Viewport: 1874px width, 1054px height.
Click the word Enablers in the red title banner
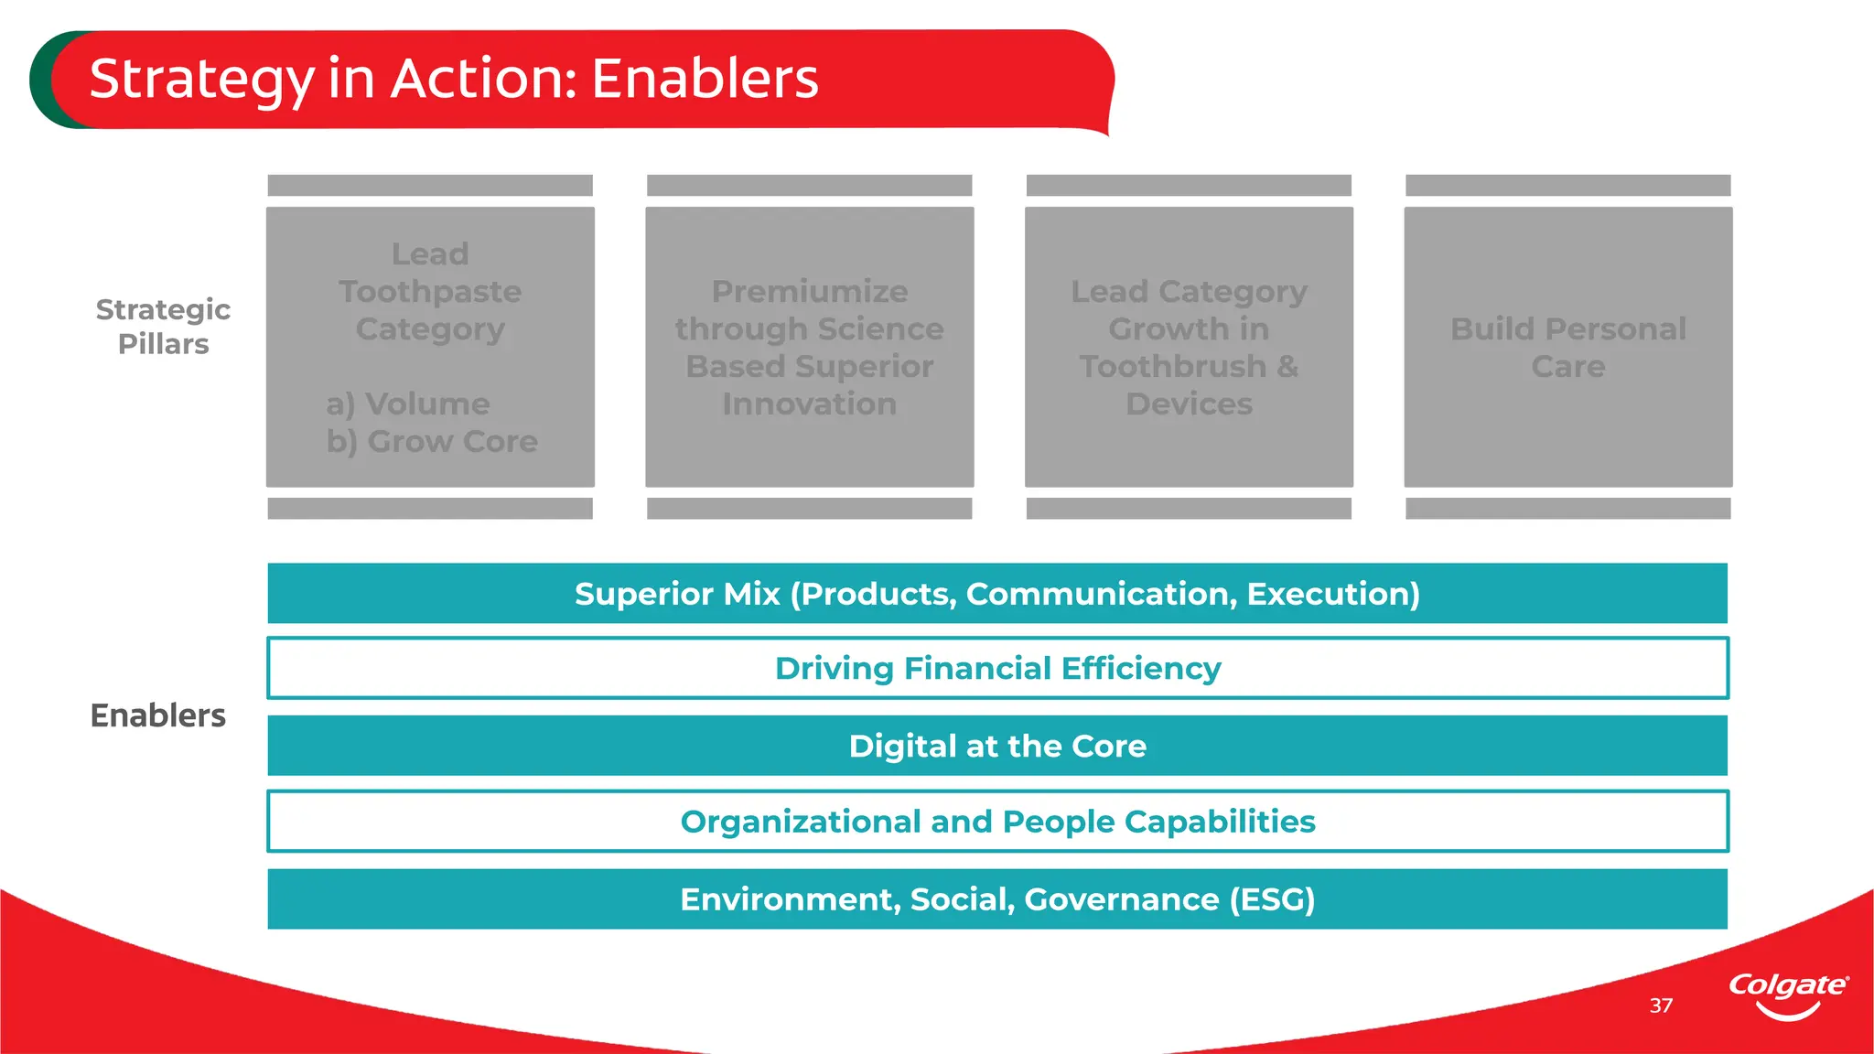(705, 79)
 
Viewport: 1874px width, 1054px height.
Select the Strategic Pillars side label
(163, 327)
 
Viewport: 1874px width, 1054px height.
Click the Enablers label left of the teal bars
(157, 715)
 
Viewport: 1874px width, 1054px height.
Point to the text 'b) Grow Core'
(432, 442)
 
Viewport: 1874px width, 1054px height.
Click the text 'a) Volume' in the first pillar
(408, 404)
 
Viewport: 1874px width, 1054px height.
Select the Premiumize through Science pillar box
(810, 347)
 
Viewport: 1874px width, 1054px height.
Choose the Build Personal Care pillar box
(1568, 347)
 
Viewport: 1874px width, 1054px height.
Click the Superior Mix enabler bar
(997, 594)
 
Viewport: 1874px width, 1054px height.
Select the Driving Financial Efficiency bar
(997, 669)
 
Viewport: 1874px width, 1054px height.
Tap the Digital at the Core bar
(997, 746)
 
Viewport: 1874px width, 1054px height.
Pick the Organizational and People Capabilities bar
(997, 822)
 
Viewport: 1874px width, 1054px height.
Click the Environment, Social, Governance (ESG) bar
(997, 899)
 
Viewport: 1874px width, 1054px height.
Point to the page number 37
(1661, 1006)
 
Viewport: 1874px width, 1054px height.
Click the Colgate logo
(1788, 995)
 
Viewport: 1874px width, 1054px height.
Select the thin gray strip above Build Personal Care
(1568, 186)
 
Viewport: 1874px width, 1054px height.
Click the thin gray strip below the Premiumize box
(810, 509)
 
